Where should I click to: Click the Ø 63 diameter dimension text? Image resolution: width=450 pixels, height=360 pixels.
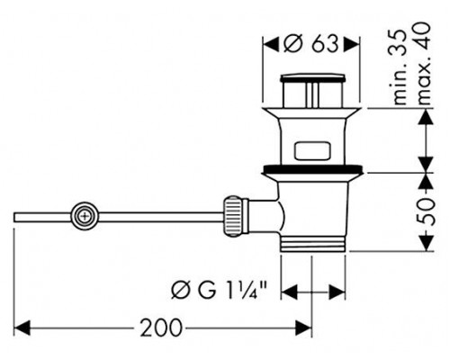tap(310, 45)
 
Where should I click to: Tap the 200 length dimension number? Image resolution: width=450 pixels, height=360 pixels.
tap(161, 328)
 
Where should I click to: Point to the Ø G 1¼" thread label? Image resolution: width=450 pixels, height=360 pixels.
tap(219, 291)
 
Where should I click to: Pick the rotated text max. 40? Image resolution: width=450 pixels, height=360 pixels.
tap(423, 63)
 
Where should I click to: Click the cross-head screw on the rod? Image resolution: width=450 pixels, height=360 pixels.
tap(85, 216)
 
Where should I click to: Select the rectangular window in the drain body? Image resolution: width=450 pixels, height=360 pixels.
tap(312, 150)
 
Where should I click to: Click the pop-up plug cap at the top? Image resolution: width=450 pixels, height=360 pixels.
tap(312, 78)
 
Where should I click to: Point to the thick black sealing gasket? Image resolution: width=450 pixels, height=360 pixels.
tap(312, 169)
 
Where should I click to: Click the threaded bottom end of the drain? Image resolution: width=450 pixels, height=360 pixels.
tap(312, 244)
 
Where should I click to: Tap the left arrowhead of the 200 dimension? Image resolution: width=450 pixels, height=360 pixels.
tap(22, 328)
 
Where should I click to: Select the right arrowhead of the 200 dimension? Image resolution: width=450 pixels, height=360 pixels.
tap(303, 328)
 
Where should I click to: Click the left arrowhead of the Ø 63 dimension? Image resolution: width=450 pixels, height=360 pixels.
tap(271, 45)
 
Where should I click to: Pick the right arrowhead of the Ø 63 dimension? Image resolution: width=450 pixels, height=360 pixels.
tap(351, 45)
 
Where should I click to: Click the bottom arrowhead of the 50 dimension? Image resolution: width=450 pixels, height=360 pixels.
tap(427, 243)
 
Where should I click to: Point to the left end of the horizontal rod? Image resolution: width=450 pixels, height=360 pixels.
tap(14, 217)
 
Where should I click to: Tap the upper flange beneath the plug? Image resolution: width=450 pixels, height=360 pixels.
tap(312, 112)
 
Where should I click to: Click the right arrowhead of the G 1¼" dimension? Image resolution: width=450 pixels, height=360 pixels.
tap(337, 292)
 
